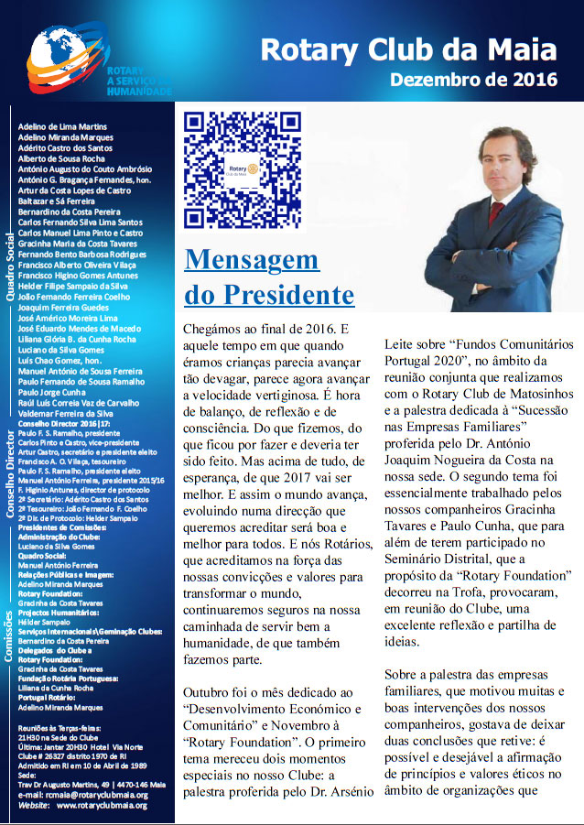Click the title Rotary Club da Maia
click(x=408, y=49)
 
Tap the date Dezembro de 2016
click(x=473, y=80)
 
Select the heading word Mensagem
click(x=252, y=260)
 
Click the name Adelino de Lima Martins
click(x=62, y=125)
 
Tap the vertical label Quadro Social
click(x=9, y=266)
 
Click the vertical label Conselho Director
click(x=9, y=480)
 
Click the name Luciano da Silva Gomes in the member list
click(x=61, y=351)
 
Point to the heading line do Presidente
click(x=269, y=295)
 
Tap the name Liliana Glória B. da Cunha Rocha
click(x=77, y=340)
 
